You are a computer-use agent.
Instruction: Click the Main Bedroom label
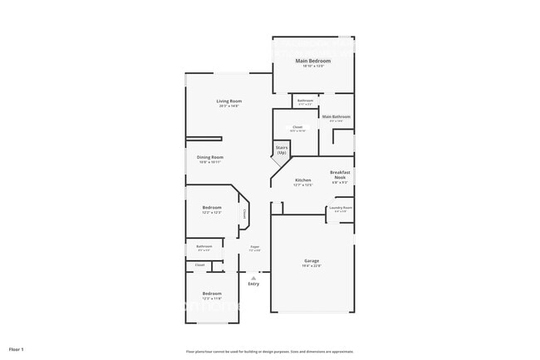click(313, 61)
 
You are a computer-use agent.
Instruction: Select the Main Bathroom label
click(336, 116)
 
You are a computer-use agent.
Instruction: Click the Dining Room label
click(209, 157)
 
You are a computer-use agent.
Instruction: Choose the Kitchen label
click(303, 180)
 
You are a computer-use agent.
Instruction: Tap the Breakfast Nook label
click(340, 175)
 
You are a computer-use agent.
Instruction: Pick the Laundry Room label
click(341, 208)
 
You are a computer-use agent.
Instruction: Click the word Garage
click(312, 260)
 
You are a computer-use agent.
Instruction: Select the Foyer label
click(255, 246)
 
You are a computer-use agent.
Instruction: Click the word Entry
click(253, 284)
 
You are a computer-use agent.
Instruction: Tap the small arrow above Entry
click(253, 278)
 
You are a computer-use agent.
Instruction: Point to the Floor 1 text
click(17, 349)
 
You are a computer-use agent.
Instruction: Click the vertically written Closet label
click(245, 214)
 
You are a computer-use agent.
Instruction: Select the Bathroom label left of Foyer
click(204, 246)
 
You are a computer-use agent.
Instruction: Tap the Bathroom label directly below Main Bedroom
click(305, 101)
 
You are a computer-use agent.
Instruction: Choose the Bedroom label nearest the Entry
click(212, 293)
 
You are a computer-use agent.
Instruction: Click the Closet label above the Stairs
click(297, 127)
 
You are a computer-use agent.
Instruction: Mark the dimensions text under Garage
click(312, 266)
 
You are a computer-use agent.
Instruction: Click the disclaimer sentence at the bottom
click(270, 352)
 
